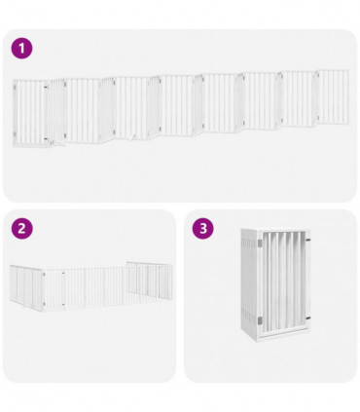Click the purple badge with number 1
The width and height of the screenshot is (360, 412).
(22, 48)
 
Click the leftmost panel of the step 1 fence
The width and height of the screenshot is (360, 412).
(29, 113)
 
